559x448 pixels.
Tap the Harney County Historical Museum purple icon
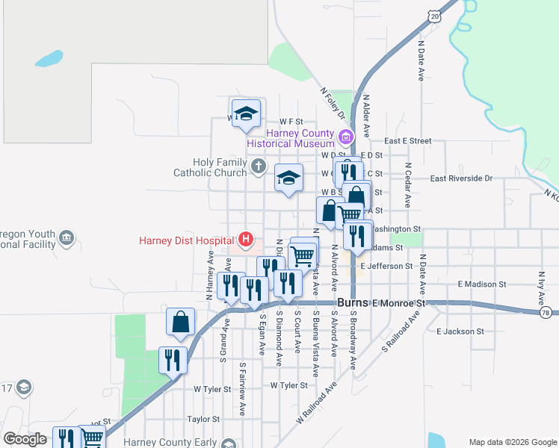[345, 137]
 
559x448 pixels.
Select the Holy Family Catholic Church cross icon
[258, 166]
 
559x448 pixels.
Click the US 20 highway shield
[435, 16]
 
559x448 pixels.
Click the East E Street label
[408, 140]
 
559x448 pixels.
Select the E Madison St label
[482, 284]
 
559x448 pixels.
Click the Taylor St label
[203, 420]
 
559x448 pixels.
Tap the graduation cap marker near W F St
[246, 115]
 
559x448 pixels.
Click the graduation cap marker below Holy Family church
[288, 179]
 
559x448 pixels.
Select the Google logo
[25, 439]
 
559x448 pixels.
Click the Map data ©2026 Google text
[512, 442]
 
